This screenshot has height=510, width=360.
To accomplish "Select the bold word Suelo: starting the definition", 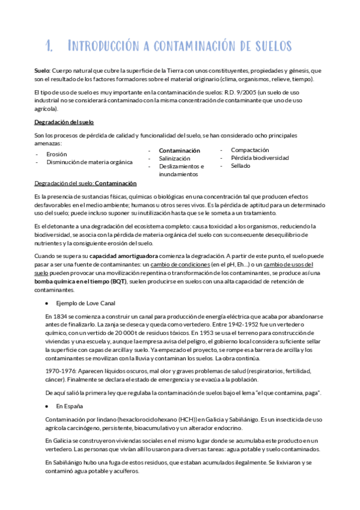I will (43, 70).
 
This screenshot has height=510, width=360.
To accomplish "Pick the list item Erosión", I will (56, 154).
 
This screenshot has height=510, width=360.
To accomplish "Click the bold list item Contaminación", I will (179, 150).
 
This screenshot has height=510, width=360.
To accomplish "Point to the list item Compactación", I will (249, 150).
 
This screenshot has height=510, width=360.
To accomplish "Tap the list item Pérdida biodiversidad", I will (260, 158).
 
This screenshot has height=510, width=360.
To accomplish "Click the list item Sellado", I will (241, 165).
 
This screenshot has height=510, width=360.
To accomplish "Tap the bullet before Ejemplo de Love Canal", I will (46, 303).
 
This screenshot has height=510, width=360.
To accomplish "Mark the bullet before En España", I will (46, 407).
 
